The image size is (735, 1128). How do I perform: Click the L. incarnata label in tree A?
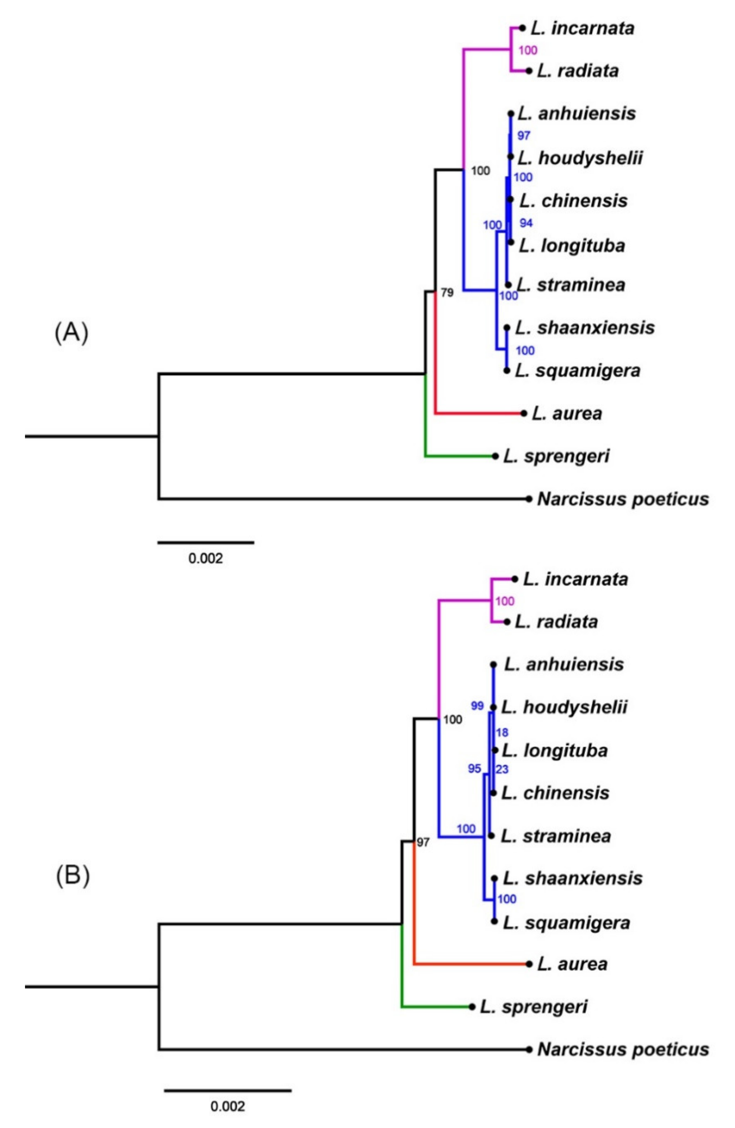tap(582, 28)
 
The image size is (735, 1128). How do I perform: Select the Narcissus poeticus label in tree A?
tap(623, 499)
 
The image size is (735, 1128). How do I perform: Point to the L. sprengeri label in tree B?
tap(533, 1006)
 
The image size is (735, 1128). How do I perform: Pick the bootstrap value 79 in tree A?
tap(447, 293)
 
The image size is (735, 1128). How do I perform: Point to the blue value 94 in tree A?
tap(526, 223)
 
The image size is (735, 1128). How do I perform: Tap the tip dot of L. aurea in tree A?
tap(523, 413)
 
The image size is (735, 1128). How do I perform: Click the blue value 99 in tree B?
tap(477, 706)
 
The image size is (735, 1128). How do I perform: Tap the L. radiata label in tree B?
tap(556, 621)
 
